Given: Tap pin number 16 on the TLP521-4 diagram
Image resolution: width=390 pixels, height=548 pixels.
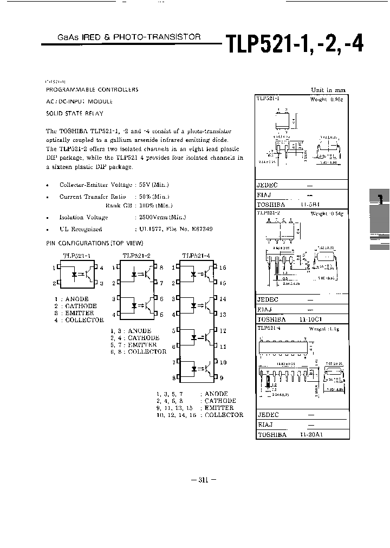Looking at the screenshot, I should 222,268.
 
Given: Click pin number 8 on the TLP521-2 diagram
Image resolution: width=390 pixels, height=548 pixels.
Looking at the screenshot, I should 161,268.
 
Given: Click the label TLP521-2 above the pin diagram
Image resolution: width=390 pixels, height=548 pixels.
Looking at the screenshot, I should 136,256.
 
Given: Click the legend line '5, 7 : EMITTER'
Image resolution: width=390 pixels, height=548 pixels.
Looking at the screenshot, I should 134,344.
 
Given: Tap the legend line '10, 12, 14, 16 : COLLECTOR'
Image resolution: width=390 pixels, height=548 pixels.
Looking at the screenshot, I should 199,415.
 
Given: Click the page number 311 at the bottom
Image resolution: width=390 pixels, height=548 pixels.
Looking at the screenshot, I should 204,480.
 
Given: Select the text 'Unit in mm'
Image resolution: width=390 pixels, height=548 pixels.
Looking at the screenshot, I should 328,90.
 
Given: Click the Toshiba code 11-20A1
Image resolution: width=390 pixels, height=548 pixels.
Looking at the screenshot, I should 311,435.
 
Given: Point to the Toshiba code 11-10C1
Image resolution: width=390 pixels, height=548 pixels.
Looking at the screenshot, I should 311,319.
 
